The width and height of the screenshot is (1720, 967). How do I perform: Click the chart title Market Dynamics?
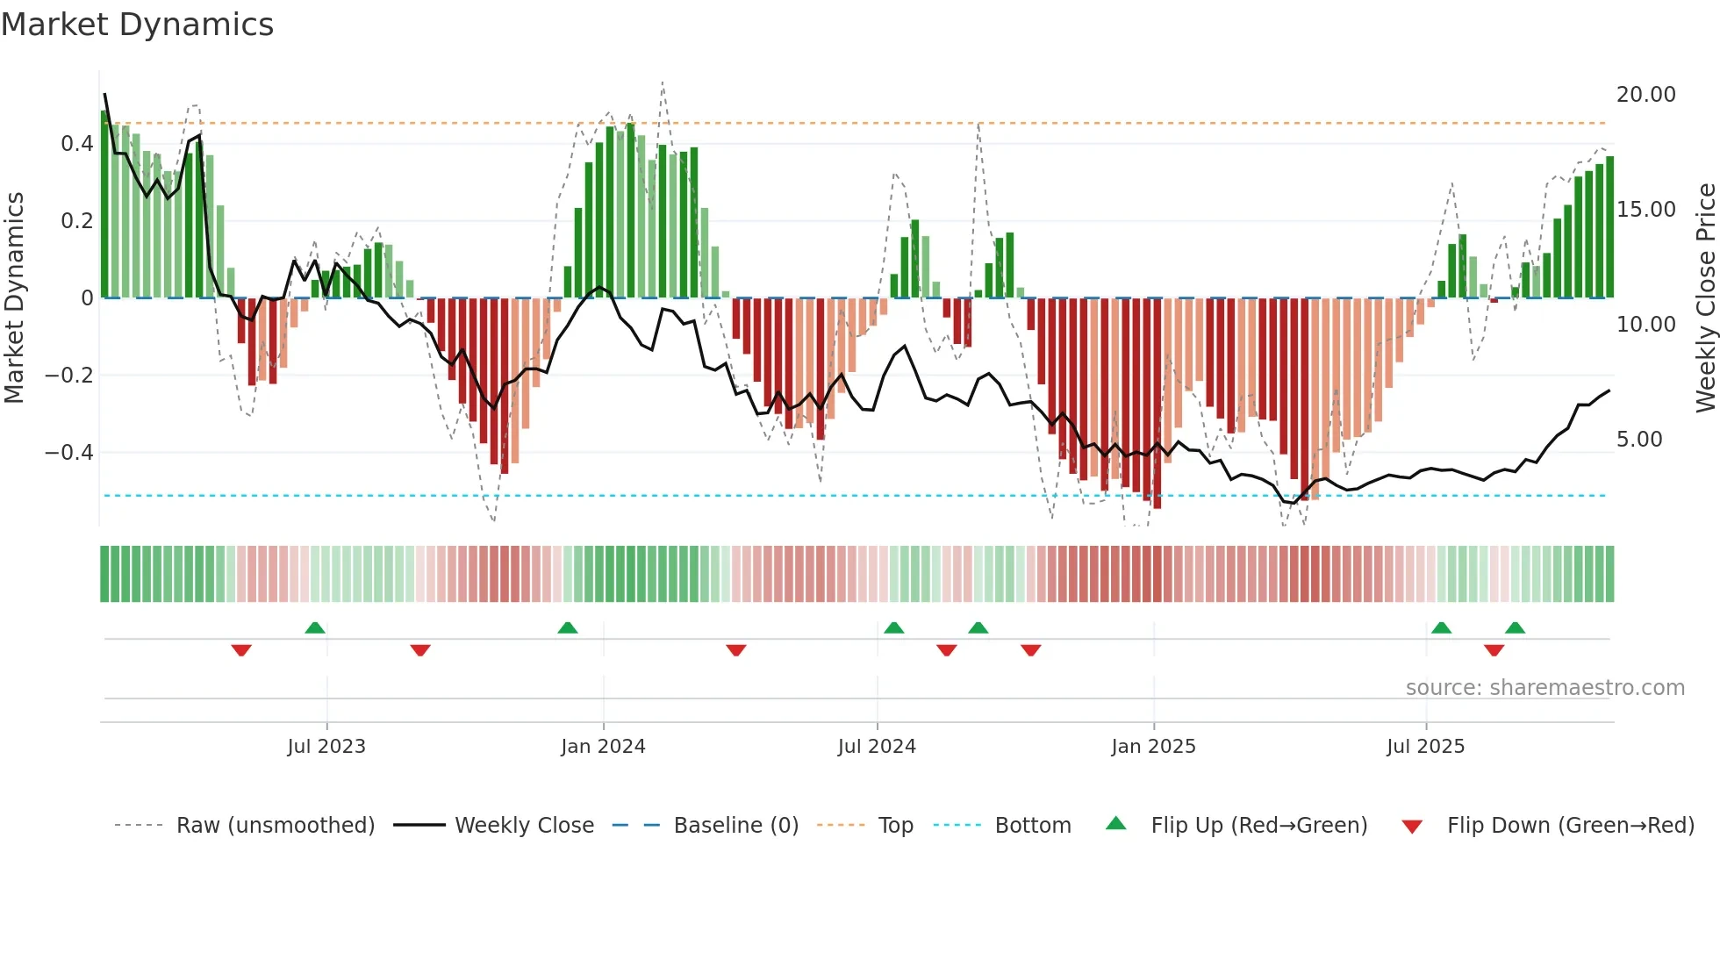click(x=138, y=25)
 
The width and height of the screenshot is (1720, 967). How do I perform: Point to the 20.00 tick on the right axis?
click(x=1645, y=95)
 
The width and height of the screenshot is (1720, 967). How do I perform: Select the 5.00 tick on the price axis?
click(x=1638, y=440)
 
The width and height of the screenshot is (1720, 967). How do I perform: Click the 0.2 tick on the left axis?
click(x=76, y=221)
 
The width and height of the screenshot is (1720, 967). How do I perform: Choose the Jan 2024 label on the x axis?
click(x=603, y=747)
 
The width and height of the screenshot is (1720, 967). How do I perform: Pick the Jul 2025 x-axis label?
click(x=1425, y=747)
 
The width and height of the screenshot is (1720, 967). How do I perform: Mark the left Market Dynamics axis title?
click(x=15, y=298)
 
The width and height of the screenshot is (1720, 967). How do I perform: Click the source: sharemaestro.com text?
click(x=1544, y=688)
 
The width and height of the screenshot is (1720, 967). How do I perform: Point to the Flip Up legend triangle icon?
click(x=1115, y=823)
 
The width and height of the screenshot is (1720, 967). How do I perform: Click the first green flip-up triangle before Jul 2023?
click(x=315, y=627)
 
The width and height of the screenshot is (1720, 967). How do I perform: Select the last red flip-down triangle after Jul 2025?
click(x=1494, y=650)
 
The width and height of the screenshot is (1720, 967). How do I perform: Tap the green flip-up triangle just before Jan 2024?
click(x=568, y=627)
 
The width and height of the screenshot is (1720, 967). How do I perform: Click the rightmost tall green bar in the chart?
click(x=1609, y=228)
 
